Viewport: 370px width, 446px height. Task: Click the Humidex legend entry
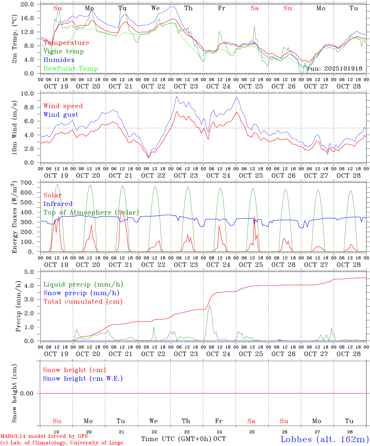(59, 60)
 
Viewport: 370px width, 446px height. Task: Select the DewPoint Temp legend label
(71, 69)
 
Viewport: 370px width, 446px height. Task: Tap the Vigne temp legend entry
(64, 51)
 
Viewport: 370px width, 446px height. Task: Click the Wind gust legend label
(61, 115)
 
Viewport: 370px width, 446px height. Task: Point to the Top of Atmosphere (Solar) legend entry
(91, 212)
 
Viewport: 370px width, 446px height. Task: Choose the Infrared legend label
(58, 204)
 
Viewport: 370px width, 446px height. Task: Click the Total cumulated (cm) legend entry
(83, 302)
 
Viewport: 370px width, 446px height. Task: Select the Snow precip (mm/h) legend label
(81, 293)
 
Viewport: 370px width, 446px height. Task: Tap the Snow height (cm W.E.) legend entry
(83, 378)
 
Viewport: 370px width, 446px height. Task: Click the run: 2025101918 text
(334, 69)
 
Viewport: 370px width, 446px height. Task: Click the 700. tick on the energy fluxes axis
(27, 183)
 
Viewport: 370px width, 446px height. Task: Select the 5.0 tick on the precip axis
(29, 272)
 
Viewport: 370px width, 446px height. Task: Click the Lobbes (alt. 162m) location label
(324, 439)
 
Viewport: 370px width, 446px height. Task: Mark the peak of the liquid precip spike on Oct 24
(209, 305)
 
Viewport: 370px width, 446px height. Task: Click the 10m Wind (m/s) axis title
(14, 128)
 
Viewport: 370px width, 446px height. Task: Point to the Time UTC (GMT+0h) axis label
(176, 439)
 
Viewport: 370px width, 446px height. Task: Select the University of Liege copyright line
(62, 443)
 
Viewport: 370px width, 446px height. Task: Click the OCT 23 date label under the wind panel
(186, 176)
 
